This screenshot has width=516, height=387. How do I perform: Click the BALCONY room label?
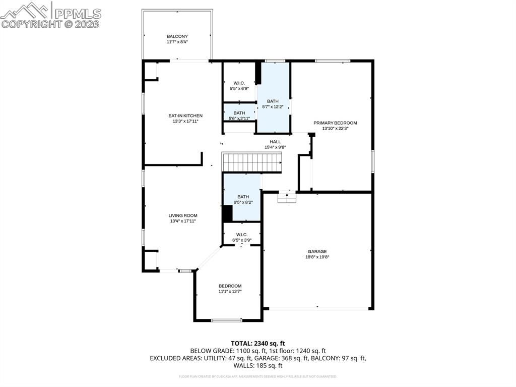coord(177,36)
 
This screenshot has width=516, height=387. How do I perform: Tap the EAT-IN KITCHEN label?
coord(185,116)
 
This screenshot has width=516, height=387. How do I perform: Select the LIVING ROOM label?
coord(182,215)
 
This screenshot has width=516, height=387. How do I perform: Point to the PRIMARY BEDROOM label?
coord(335,123)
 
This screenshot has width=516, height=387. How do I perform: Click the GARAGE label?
coord(317,251)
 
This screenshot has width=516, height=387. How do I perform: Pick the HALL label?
coord(275,142)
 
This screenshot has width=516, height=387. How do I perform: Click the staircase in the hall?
coord(252,162)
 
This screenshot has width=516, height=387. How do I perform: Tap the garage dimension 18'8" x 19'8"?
coord(317,257)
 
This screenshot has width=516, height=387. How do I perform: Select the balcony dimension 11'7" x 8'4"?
coord(177,42)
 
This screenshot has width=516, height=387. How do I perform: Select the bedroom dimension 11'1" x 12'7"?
coord(230,291)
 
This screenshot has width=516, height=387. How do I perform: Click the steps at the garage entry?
coord(286,198)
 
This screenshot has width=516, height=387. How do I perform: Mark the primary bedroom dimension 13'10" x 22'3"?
coord(335,128)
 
